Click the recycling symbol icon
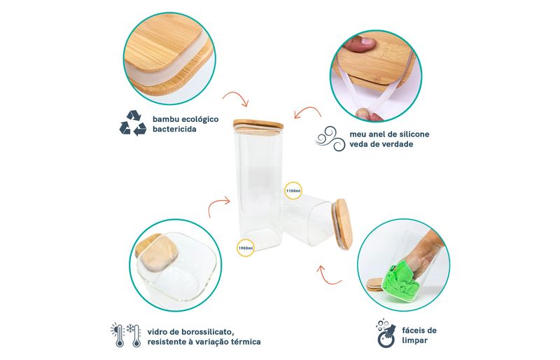pos(133,123)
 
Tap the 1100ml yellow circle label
pos(293,191)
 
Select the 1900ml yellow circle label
pos(246,248)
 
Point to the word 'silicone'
pos(413,134)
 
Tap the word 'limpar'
pos(414,340)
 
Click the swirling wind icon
pos(330,139)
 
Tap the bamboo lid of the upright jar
pos(258,125)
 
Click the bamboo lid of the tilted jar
pos(344,223)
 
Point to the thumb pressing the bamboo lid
pos(363,43)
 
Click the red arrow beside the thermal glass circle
pos(218,205)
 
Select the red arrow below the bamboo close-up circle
pos(236,97)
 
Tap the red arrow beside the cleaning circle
pos(328,276)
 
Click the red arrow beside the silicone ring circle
pos(307,111)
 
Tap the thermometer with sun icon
pos(118,335)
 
